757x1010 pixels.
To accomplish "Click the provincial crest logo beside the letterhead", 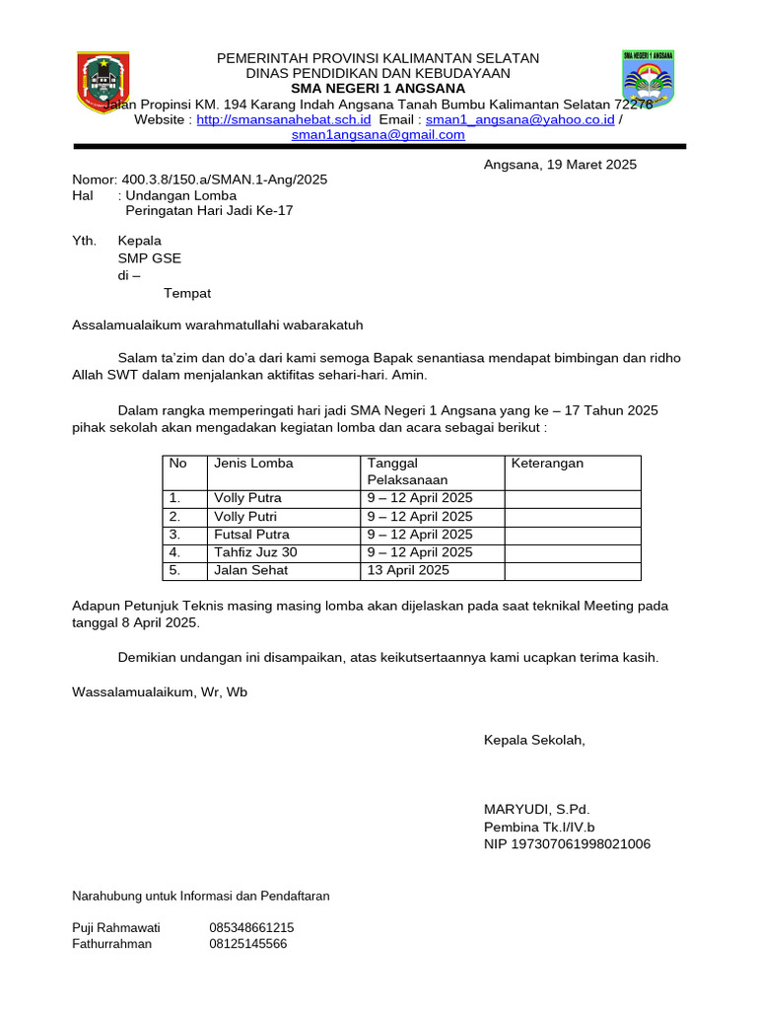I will point(103,83).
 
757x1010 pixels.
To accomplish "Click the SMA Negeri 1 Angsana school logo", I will point(648,79).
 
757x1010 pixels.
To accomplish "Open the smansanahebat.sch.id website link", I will point(284,119).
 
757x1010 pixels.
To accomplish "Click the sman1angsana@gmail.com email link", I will point(378,135).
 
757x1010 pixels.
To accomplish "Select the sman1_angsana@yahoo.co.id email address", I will point(519,119).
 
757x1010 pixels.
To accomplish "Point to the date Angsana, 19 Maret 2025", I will point(560,165).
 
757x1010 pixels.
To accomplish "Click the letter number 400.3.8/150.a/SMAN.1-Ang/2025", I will point(225,180).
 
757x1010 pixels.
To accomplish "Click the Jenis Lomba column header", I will point(253,463).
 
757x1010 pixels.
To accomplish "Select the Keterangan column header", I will point(547,463).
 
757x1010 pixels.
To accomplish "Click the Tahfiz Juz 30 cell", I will point(255,552).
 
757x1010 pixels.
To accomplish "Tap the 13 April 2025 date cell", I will point(408,570).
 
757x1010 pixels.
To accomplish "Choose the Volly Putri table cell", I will point(245,516).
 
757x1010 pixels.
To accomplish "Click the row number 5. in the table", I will point(175,570).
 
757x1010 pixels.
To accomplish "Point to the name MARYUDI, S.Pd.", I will point(536,810).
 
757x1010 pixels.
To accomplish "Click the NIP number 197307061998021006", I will point(567,844).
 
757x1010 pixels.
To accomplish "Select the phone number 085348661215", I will point(251,927).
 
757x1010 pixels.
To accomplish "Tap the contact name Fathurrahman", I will point(112,944).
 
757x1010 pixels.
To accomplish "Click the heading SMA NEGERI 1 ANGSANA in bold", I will point(378,88).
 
